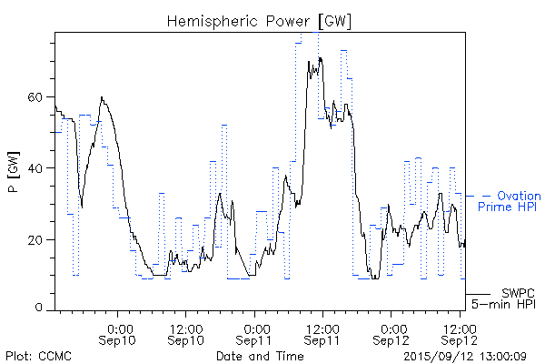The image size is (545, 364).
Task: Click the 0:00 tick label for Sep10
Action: click(120, 327)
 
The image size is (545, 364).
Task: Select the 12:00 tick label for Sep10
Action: click(186, 327)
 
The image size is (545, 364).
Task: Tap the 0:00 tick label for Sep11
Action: click(256, 327)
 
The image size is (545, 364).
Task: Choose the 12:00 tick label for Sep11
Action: click(322, 327)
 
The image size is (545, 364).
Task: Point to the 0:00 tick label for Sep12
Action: click(392, 327)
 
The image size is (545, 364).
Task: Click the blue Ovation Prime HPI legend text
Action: click(510, 201)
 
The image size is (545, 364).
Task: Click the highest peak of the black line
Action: click(320, 57)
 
